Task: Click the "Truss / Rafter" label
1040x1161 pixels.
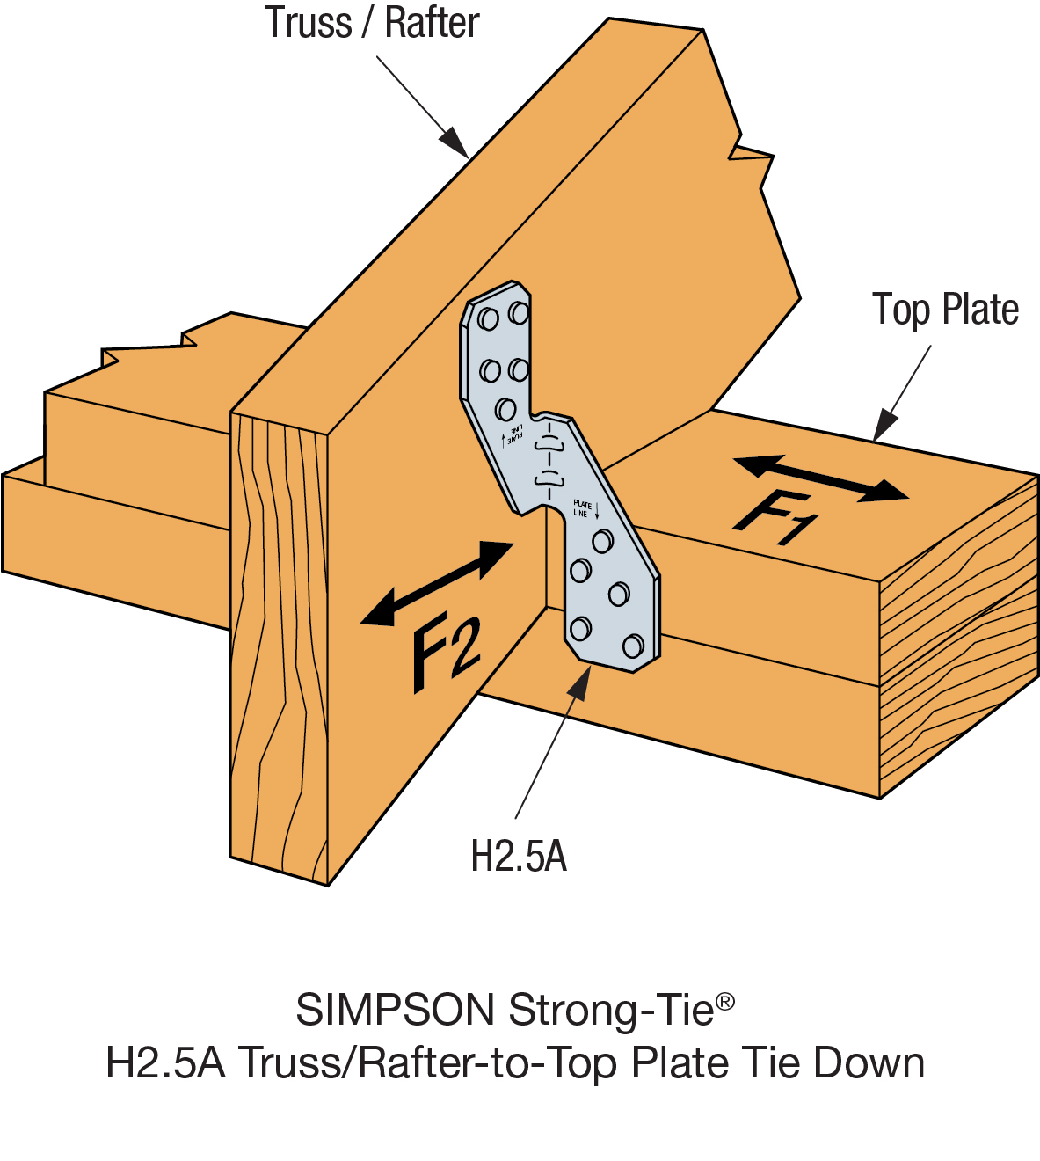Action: tap(372, 24)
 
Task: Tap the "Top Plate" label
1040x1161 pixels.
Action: tap(945, 310)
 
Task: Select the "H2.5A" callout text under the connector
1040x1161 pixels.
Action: tap(519, 856)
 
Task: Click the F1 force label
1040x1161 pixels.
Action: tap(775, 520)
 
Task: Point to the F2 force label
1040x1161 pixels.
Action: tap(447, 652)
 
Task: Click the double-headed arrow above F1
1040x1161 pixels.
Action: tap(819, 478)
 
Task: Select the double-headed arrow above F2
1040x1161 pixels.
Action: tap(437, 583)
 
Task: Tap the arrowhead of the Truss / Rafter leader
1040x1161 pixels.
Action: tap(455, 142)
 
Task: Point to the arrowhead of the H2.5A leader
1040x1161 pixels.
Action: tap(578, 682)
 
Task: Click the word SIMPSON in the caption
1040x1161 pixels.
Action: tap(396, 1010)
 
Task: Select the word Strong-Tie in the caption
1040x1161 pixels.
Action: tap(611, 1010)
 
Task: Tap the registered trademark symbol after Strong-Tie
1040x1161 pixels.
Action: tap(725, 1002)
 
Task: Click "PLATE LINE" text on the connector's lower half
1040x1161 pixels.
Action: tap(582, 508)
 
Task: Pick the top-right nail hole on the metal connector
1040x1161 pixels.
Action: tap(519, 313)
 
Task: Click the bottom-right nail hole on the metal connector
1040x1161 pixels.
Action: tap(633, 647)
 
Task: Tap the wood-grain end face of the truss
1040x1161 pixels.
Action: tap(278, 642)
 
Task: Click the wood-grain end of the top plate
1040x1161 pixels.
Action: tap(958, 633)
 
